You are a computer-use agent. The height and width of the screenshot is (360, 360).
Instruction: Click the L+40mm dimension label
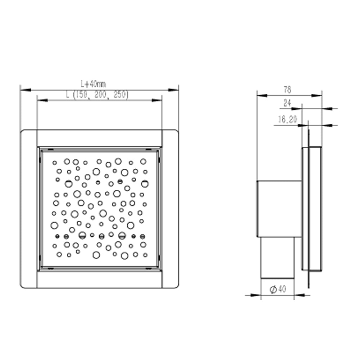(93, 84)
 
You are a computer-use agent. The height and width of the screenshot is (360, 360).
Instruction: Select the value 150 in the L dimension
(79, 95)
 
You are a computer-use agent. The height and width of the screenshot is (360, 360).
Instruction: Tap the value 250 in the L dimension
(120, 95)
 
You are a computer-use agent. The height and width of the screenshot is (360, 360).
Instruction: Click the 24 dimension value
(287, 103)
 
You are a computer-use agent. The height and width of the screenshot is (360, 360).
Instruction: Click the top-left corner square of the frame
(29, 138)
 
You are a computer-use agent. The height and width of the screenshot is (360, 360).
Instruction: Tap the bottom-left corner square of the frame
(29, 280)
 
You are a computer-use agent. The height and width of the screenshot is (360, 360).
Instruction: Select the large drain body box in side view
(279, 209)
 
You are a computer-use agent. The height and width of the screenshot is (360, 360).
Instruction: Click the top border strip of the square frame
(99, 138)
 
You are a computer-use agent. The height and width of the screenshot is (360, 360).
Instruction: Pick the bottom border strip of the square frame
(99, 280)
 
